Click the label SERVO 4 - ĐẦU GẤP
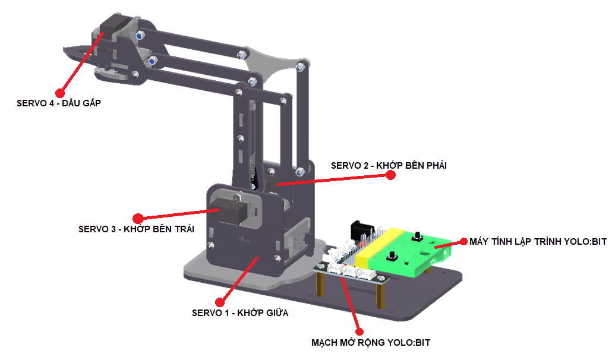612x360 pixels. (59, 103)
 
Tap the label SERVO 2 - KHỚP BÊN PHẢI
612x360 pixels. (389, 166)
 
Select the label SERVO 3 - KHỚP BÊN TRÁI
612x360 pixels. (137, 228)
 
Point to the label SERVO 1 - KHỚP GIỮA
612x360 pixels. (240, 312)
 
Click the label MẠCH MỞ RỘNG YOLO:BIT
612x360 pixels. (371, 342)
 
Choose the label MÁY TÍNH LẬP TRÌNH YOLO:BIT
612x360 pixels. (538, 242)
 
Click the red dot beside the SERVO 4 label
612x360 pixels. (59, 93)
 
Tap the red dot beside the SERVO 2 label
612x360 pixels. (390, 175)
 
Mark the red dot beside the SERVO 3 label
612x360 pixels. (138, 219)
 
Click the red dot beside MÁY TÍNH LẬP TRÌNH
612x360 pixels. (463, 242)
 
